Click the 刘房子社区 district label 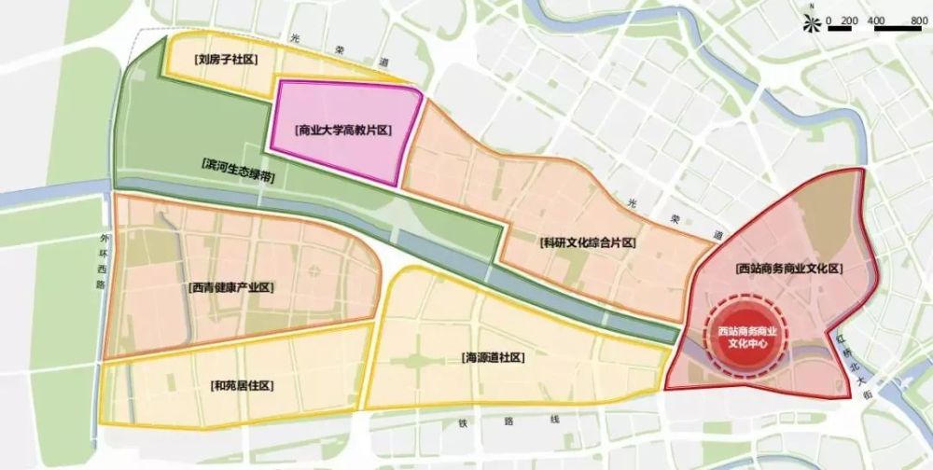point(225,60)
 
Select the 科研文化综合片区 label point(588,242)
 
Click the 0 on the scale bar point(829,20)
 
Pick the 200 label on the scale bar point(848,20)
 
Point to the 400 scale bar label point(876,20)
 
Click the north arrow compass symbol point(814,25)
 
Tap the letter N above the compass point(814,10)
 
